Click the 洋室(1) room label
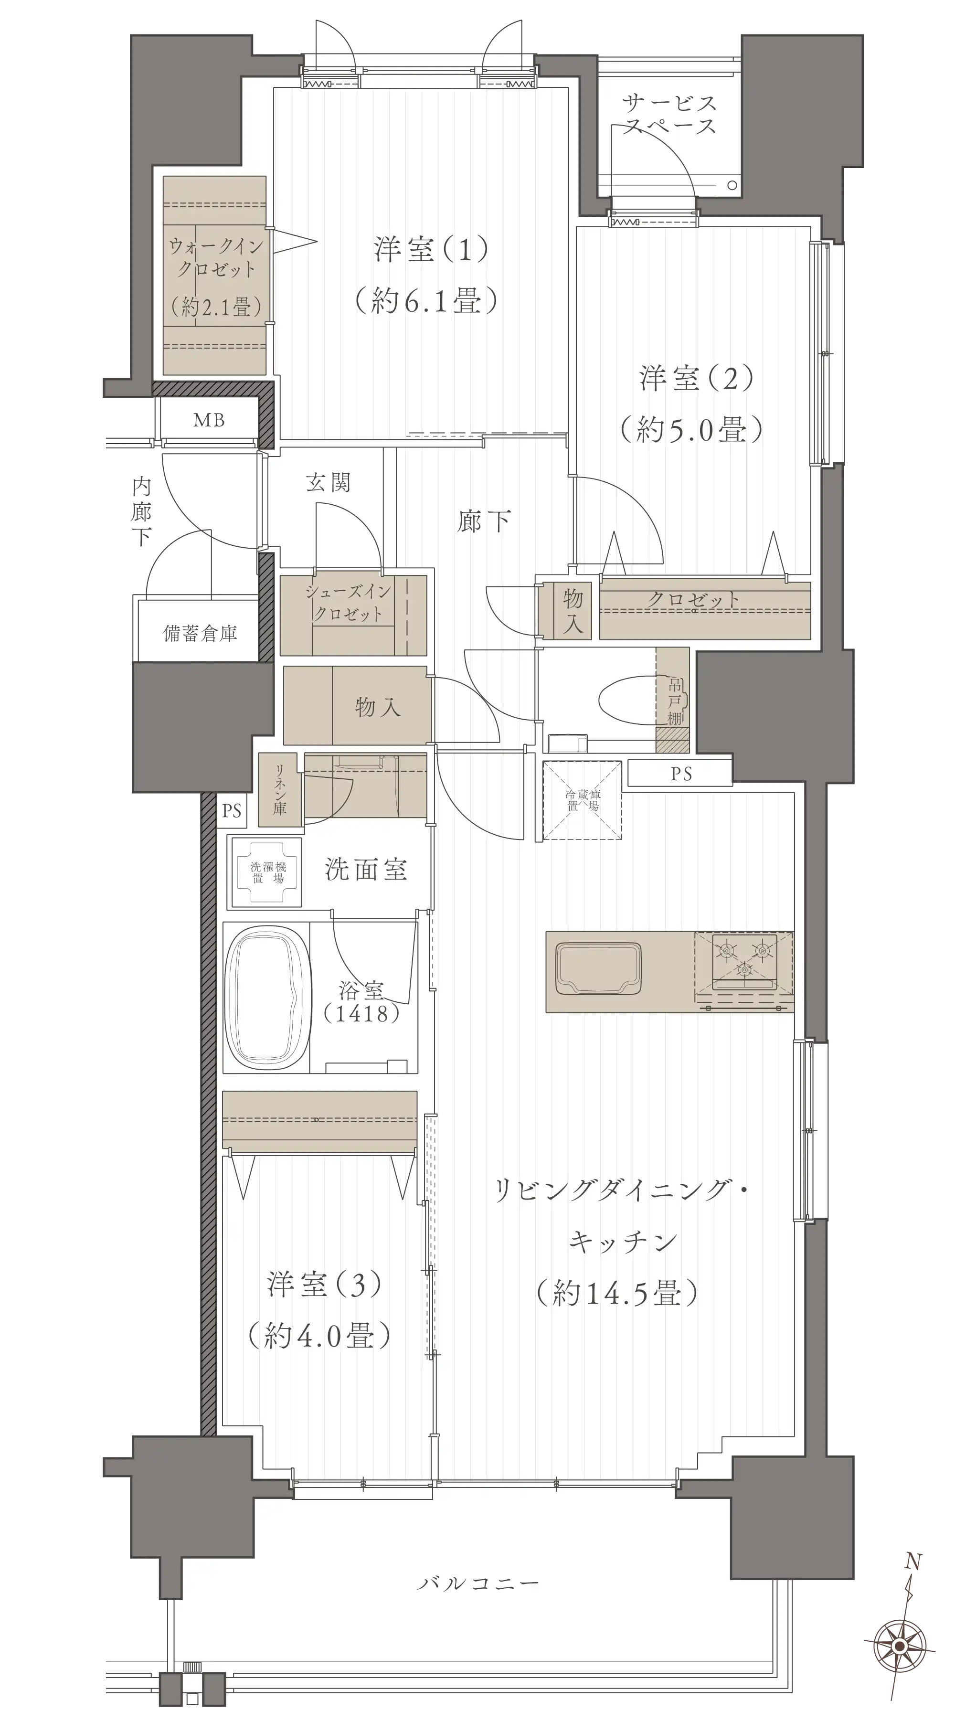pyautogui.click(x=431, y=249)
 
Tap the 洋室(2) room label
pyautogui.click(x=696, y=378)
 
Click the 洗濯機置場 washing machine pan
pyautogui.click(x=267, y=872)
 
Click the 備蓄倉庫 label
pyautogui.click(x=201, y=633)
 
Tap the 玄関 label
pyautogui.click(x=328, y=482)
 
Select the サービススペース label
pyautogui.click(x=669, y=114)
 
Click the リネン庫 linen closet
pyautogui.click(x=280, y=790)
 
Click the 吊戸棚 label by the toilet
pyautogui.click(x=675, y=701)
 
